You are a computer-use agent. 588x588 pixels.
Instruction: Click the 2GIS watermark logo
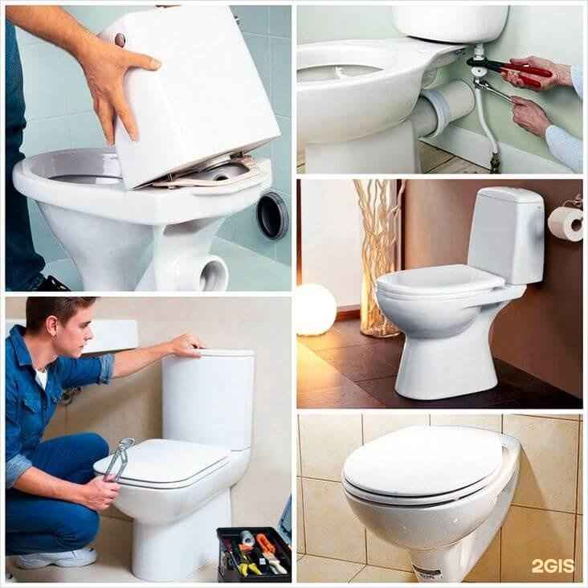click(x=553, y=566)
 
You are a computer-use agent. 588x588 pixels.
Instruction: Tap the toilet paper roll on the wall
click(x=566, y=223)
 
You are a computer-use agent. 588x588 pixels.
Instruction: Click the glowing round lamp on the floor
click(x=315, y=310)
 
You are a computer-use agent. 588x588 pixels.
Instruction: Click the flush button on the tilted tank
click(x=120, y=39)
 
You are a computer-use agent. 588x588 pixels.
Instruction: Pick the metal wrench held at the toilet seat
click(x=118, y=459)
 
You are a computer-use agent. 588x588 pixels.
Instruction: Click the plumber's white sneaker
click(x=57, y=557)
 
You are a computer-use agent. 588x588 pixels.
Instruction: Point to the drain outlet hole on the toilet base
click(x=214, y=273)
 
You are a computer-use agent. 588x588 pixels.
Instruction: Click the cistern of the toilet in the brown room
click(x=506, y=235)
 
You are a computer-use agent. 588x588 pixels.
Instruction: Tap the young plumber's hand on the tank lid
click(x=187, y=345)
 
